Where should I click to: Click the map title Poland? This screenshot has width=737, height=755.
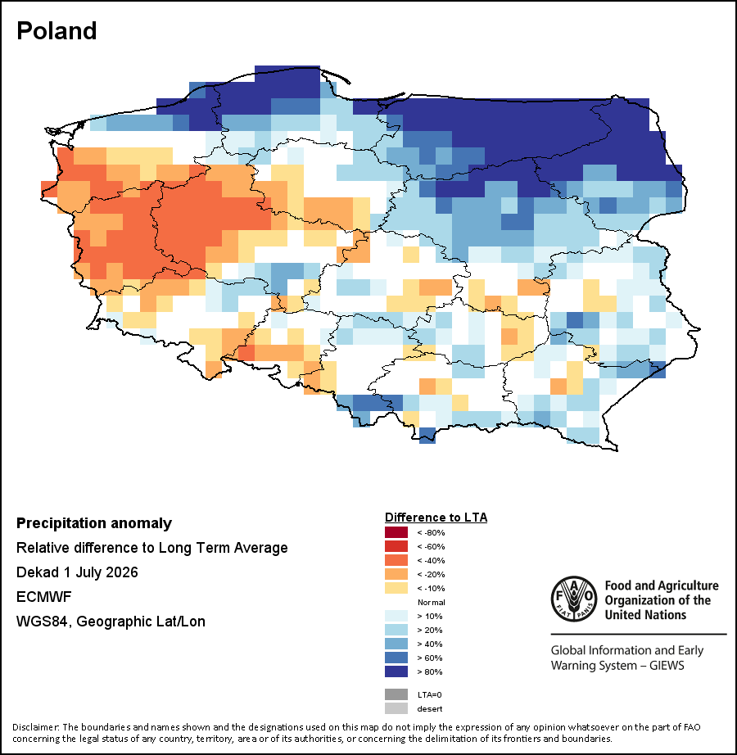point(57,31)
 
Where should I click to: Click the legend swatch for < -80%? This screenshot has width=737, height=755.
point(396,532)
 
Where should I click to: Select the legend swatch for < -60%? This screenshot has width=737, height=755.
point(396,546)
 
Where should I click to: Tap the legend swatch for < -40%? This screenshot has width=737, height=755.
point(396,560)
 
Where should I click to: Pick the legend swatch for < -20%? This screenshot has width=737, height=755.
point(396,574)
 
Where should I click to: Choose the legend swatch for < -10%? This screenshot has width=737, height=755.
point(396,589)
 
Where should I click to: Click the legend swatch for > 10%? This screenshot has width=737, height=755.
point(396,617)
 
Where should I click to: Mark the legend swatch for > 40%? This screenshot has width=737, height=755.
point(396,644)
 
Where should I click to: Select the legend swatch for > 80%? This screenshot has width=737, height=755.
point(396,671)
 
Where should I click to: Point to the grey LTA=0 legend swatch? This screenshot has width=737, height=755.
point(396,694)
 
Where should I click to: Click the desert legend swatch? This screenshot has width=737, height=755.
point(396,709)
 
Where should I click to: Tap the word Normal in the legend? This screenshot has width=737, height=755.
point(432,603)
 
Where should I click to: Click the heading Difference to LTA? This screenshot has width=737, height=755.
point(436,518)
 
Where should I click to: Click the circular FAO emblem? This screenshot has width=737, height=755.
point(574,599)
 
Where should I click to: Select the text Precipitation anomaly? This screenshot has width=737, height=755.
point(94,523)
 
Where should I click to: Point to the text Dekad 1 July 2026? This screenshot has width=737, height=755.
point(77,572)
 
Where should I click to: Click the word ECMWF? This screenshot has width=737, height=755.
point(43,597)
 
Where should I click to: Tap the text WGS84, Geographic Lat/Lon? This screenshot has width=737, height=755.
point(111,622)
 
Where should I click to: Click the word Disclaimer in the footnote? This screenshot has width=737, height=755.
point(36,727)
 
